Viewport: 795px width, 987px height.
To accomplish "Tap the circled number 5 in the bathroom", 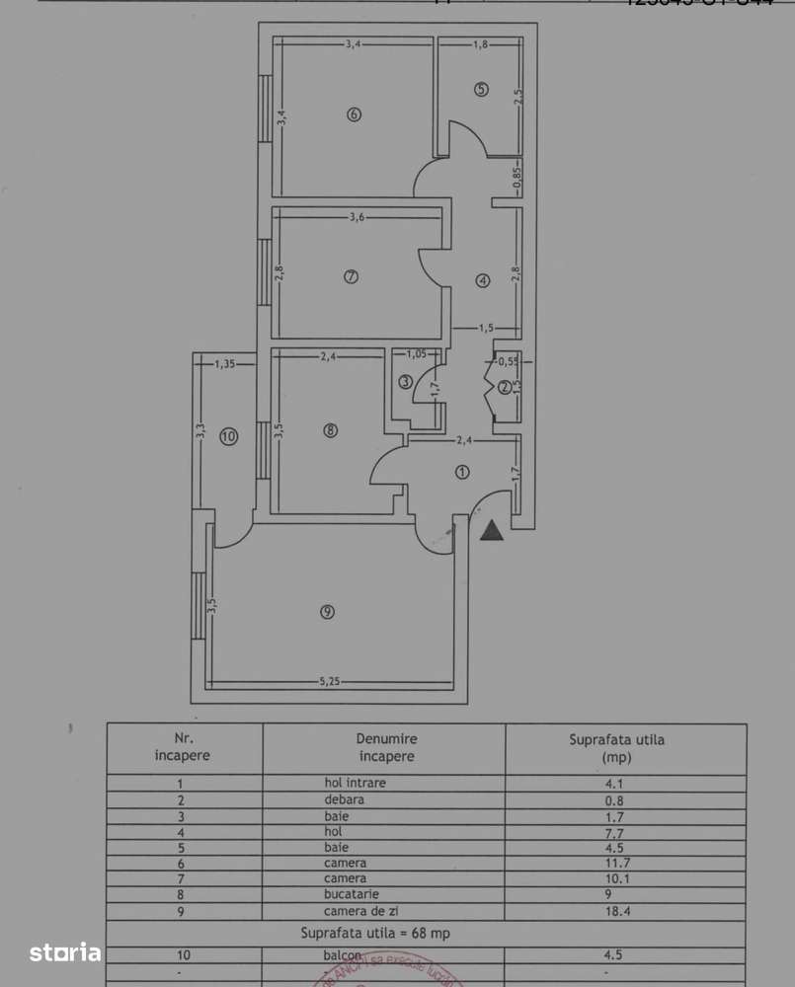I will click(481, 90).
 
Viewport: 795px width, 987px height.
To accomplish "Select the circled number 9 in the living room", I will click(328, 612).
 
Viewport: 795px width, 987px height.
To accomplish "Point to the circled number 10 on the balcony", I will click(229, 436).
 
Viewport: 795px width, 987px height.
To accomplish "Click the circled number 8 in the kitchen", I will click(330, 430).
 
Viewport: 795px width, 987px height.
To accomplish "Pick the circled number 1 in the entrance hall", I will click(461, 472).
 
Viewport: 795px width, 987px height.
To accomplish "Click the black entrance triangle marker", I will click(492, 532).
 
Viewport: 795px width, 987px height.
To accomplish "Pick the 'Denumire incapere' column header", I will click(386, 747).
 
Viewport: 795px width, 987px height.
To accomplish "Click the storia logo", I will click(65, 952).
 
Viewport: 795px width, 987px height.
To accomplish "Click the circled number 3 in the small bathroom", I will click(405, 382).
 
